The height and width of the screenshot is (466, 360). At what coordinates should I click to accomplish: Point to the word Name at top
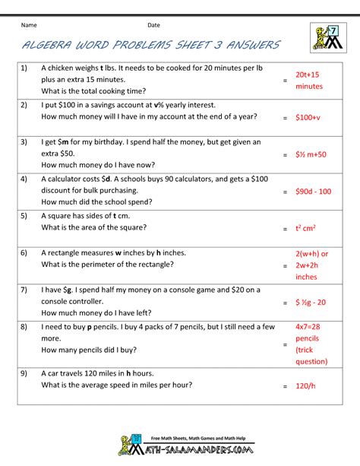(30, 26)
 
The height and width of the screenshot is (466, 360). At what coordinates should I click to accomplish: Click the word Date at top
(154, 26)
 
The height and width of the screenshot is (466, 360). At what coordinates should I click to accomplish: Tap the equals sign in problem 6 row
(284, 265)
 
